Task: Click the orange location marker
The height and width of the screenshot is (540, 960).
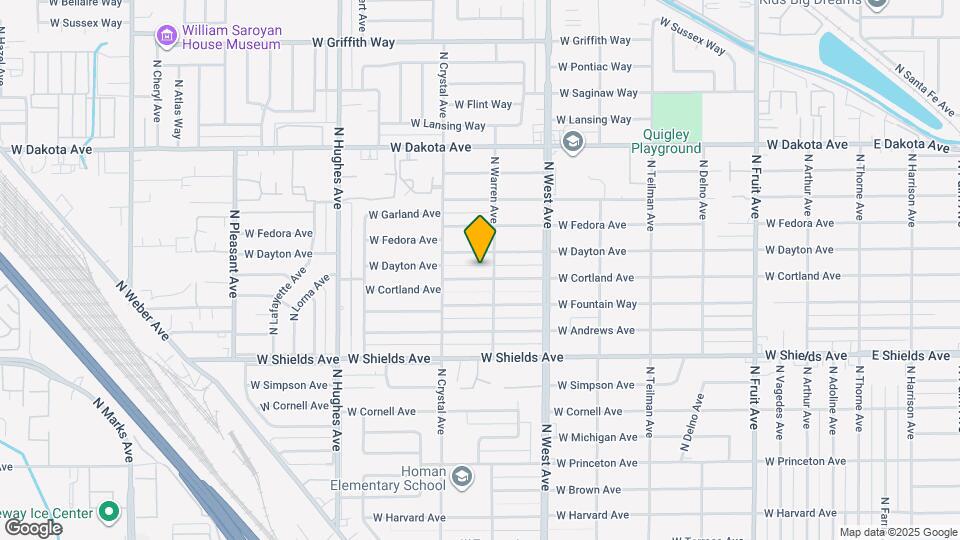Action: click(480, 239)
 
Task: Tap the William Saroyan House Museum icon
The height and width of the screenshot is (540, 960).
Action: click(166, 36)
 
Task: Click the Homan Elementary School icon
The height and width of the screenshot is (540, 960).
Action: click(461, 477)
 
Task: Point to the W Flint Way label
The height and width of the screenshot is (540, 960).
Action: click(483, 104)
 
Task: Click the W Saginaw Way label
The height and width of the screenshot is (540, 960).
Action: click(597, 93)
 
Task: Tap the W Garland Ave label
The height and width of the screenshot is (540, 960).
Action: click(404, 214)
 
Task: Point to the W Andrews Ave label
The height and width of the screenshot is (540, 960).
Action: click(596, 330)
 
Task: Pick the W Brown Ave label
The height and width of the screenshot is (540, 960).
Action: click(589, 490)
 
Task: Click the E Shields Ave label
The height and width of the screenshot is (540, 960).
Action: click(910, 355)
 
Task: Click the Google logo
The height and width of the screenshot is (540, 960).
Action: click(33, 527)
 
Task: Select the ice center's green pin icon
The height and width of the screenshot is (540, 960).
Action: click(109, 514)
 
